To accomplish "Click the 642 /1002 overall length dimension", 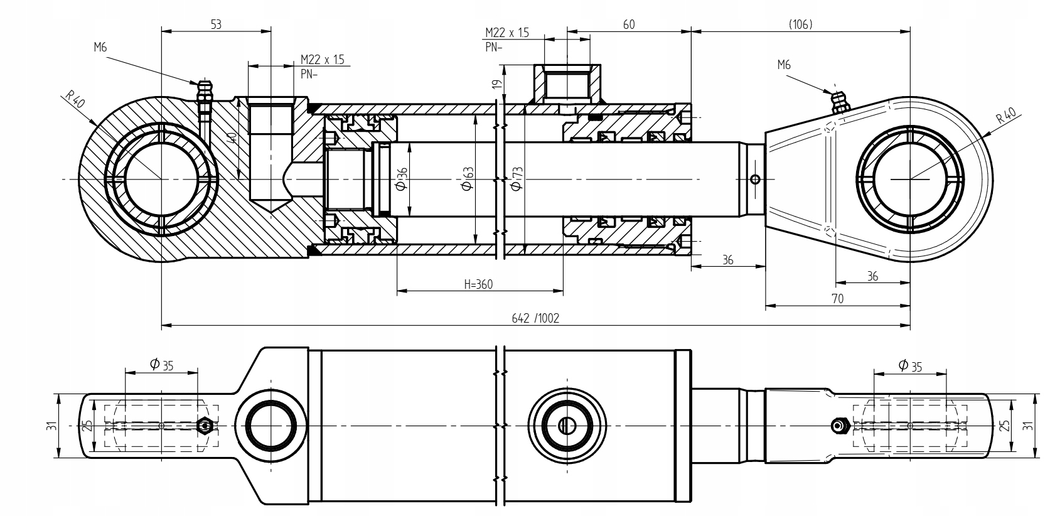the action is click(535, 318).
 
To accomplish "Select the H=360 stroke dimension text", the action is click(478, 284).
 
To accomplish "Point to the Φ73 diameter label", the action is click(517, 179).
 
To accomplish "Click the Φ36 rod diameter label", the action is click(401, 179).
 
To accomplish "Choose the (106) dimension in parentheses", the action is click(801, 24).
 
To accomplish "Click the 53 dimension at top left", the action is click(216, 24).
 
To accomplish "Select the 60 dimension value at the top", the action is click(629, 24).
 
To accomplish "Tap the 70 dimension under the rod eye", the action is click(837, 298).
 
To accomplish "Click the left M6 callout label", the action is click(100, 47).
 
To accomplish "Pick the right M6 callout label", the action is click(784, 65).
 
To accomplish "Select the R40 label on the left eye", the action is click(75, 99).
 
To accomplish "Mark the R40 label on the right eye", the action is click(1007, 116).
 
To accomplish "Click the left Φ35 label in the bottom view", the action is click(161, 364).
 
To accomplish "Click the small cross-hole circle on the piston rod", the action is click(755, 179).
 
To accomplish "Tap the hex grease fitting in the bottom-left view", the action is click(205, 426).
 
